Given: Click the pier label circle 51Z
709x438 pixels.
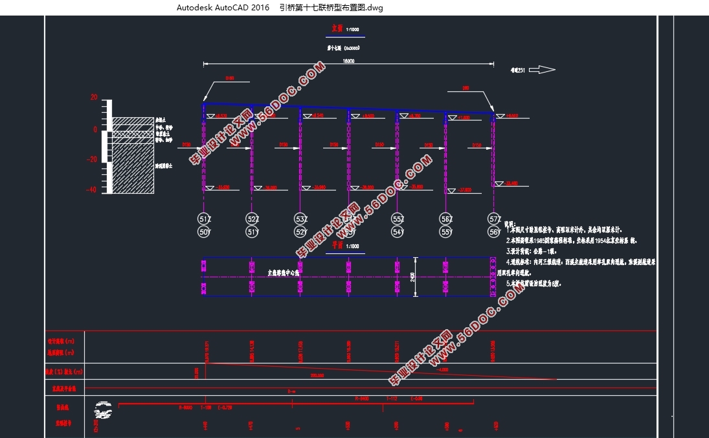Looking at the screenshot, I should [205, 218].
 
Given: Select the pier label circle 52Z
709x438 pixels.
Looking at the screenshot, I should [253, 218].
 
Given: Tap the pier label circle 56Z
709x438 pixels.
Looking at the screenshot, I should [446, 218].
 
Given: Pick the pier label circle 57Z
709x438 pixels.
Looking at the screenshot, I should [495, 218].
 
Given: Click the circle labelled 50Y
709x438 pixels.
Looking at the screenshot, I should [205, 232].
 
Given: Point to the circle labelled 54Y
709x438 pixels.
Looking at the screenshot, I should [398, 232].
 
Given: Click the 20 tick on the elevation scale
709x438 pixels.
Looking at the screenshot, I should [94, 98].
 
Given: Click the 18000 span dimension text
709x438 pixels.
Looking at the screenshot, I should [348, 60].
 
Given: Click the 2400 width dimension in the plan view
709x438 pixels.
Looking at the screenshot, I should [413, 277].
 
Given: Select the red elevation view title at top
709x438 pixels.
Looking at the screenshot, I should [335, 29].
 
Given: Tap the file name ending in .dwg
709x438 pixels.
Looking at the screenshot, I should [331, 8].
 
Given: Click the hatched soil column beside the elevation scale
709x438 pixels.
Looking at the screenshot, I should [133, 156].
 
